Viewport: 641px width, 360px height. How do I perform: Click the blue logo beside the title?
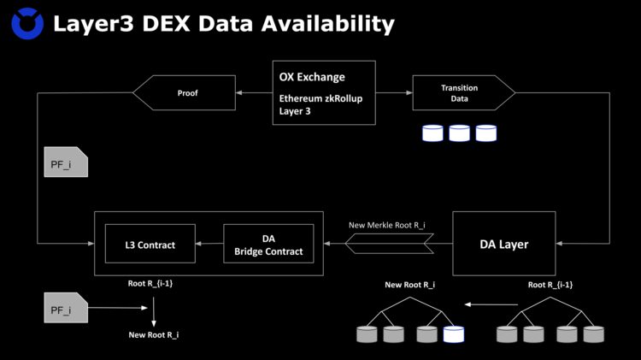[28, 23]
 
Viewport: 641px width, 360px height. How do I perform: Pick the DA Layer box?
[503, 244]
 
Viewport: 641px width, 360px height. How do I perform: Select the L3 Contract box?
[150, 245]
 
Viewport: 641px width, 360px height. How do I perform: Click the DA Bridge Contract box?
[268, 245]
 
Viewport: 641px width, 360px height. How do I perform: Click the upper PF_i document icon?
[65, 162]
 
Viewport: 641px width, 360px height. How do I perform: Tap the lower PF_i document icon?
[65, 307]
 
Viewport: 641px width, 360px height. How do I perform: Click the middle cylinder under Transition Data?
[460, 133]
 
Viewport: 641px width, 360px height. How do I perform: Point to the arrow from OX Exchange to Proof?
[253, 92]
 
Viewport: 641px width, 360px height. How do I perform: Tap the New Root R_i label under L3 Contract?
[154, 335]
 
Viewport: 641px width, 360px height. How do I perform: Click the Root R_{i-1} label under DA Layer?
[550, 285]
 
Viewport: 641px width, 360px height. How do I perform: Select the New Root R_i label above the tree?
[410, 285]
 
